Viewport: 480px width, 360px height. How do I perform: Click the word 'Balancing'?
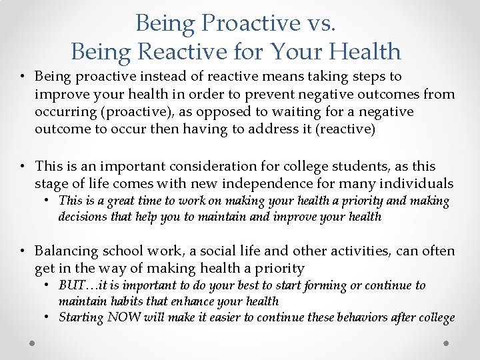tap(65, 251)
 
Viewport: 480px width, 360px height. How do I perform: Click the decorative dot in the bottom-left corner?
tap(33, 343)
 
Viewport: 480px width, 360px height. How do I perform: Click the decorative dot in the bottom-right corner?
tap(446, 343)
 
